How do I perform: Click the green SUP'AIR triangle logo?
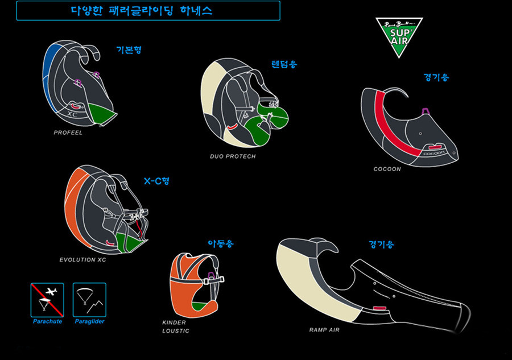(398, 36)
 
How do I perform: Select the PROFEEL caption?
(68, 133)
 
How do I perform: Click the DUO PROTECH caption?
(233, 156)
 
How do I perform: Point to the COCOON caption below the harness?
(387, 169)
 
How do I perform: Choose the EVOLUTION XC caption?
(82, 260)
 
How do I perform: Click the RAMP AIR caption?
(324, 329)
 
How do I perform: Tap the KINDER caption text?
(174, 322)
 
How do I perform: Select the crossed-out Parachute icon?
(47, 300)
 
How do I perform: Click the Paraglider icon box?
(89, 300)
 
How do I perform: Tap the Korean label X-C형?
(156, 181)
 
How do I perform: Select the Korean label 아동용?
(221, 244)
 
